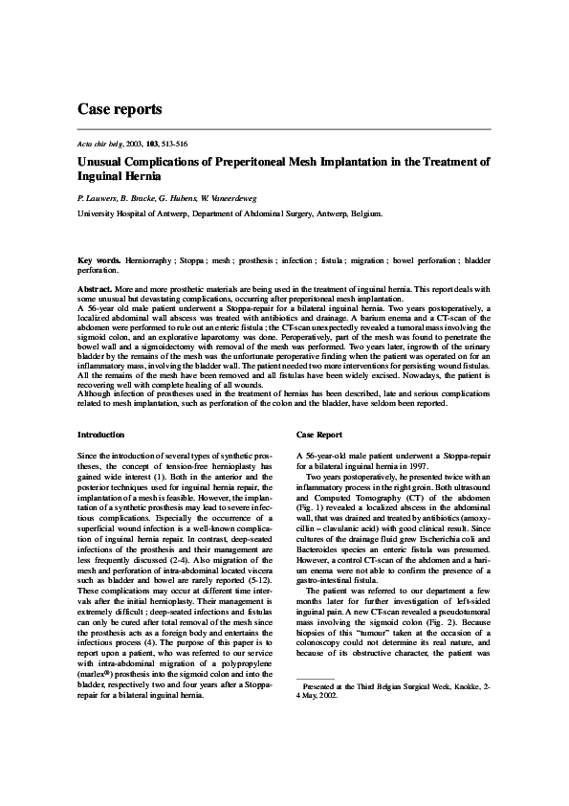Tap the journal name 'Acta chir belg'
coord(100,142)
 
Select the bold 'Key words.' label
coord(98,260)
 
